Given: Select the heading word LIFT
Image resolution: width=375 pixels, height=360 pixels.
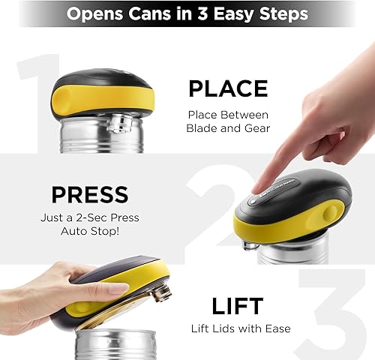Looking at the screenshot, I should (236, 305).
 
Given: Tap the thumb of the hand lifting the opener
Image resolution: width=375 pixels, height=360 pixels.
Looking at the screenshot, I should (105, 289).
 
